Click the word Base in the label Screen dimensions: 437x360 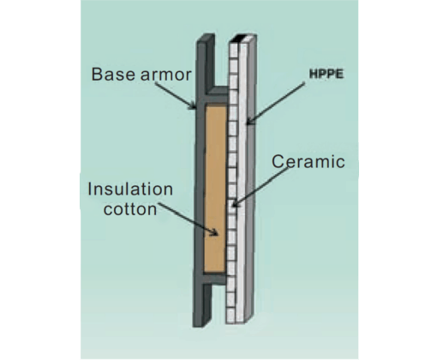113,74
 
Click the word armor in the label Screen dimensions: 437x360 166,75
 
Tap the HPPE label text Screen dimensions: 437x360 326,74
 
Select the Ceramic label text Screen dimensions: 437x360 308,161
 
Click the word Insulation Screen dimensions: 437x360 130,189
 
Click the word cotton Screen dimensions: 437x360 130,209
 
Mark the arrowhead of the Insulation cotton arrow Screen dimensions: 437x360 214,232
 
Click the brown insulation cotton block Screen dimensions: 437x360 215,188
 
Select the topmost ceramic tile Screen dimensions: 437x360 234,51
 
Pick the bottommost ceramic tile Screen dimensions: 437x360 230,315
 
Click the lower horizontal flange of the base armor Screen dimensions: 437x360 215,279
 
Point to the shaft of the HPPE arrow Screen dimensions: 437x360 277,102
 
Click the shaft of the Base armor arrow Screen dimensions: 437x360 174,94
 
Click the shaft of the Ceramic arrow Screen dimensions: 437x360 261,186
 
